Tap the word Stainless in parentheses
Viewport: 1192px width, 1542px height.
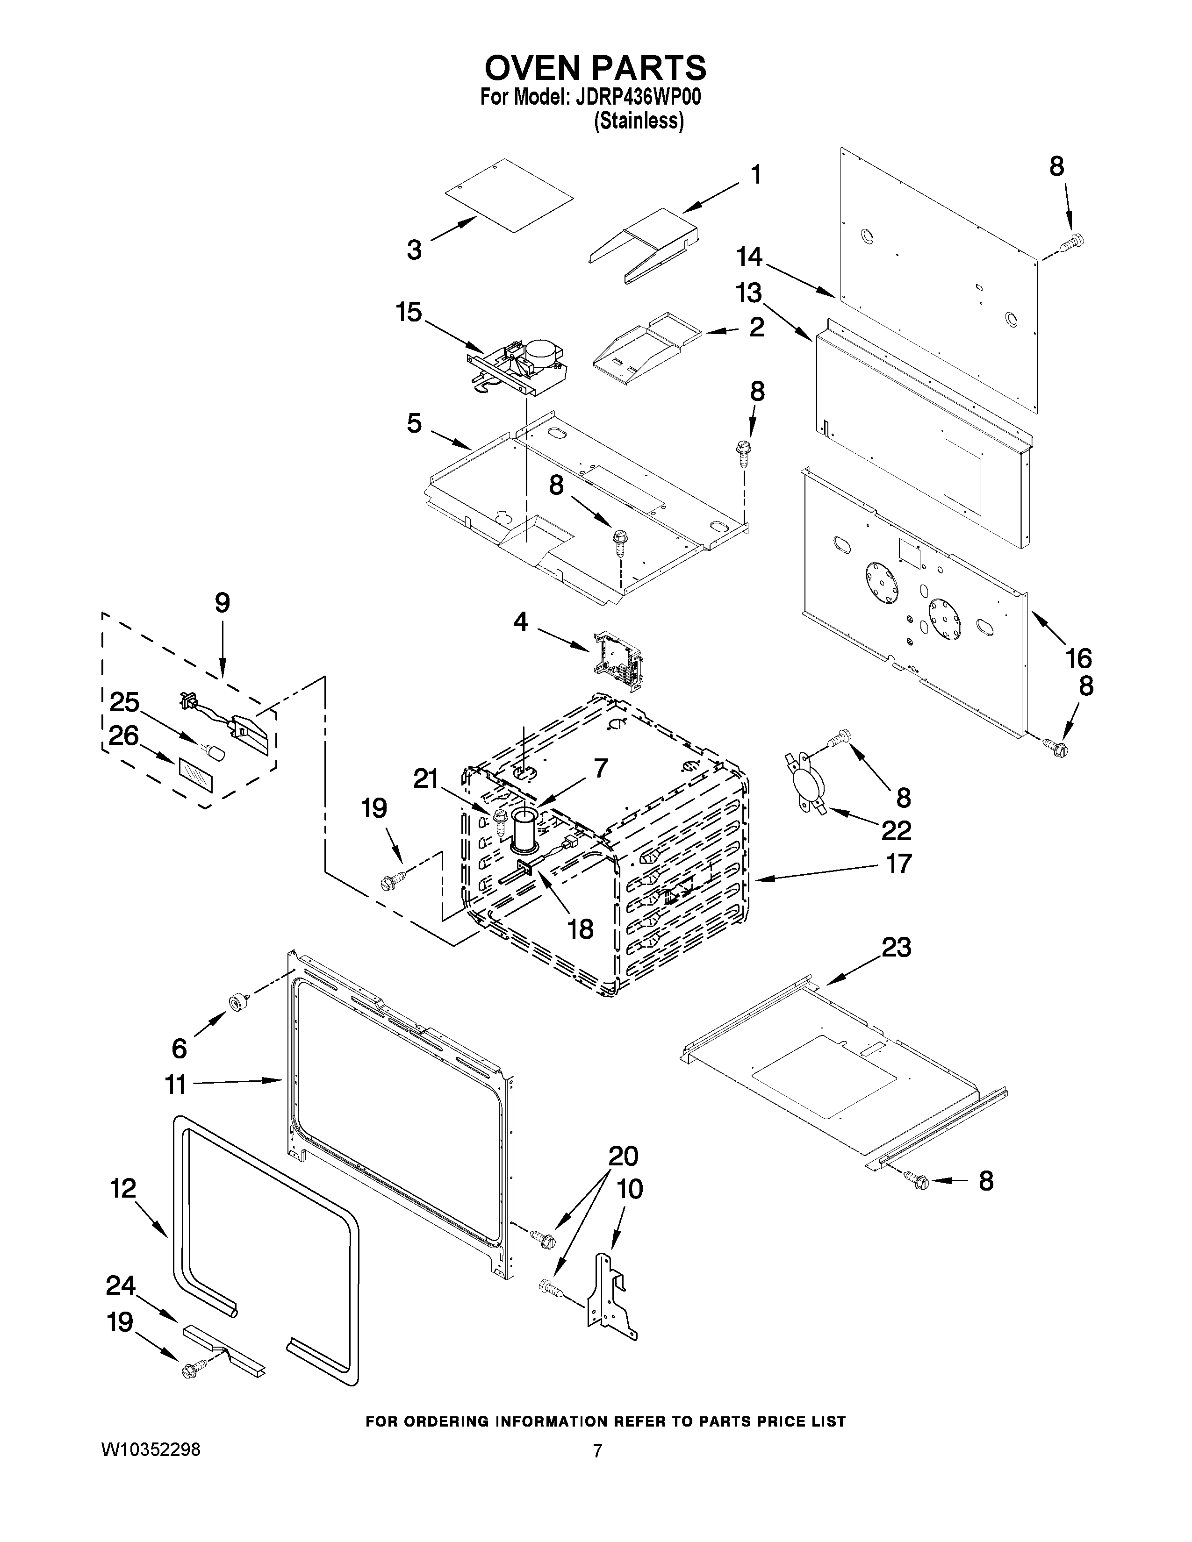click(639, 121)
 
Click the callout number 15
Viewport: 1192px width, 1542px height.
click(409, 312)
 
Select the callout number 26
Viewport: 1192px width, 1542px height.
click(124, 736)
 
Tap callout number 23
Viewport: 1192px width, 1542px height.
click(896, 948)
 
